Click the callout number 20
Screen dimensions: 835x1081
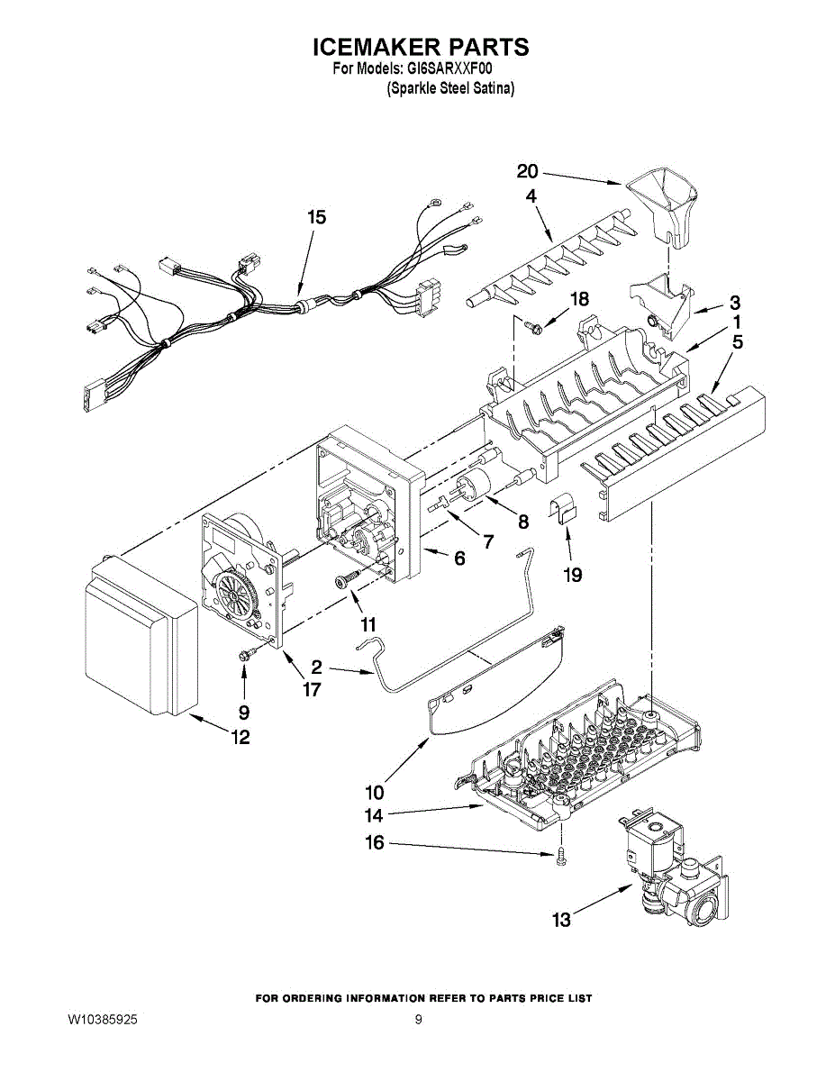pos(528,171)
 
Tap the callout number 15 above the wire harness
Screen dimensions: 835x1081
pos(316,217)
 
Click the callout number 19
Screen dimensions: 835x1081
pos(572,575)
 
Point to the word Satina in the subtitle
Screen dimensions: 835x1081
pos(493,89)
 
